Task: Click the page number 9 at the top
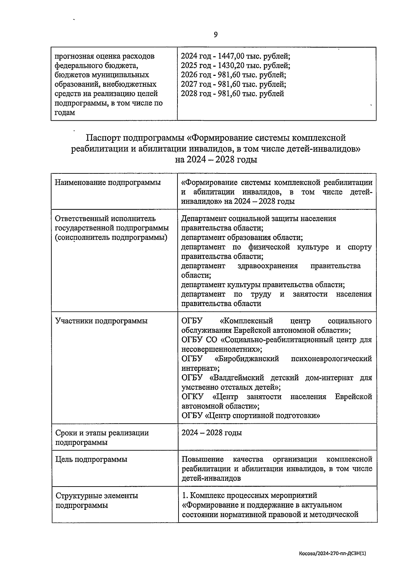[216, 35]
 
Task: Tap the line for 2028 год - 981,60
[233, 94]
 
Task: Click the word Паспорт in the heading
[103, 138]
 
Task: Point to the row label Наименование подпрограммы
[108, 183]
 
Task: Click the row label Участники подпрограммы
[101, 321]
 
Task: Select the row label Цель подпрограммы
[91, 459]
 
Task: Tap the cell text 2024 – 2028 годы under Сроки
[211, 432]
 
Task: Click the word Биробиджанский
[247, 359]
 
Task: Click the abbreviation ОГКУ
[192, 396]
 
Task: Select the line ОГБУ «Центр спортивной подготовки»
[251, 415]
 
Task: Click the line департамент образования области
[242, 237]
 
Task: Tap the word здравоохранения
[268, 266]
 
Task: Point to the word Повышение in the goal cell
[203, 459]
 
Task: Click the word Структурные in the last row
[78, 495]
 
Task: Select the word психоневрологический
[331, 359]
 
